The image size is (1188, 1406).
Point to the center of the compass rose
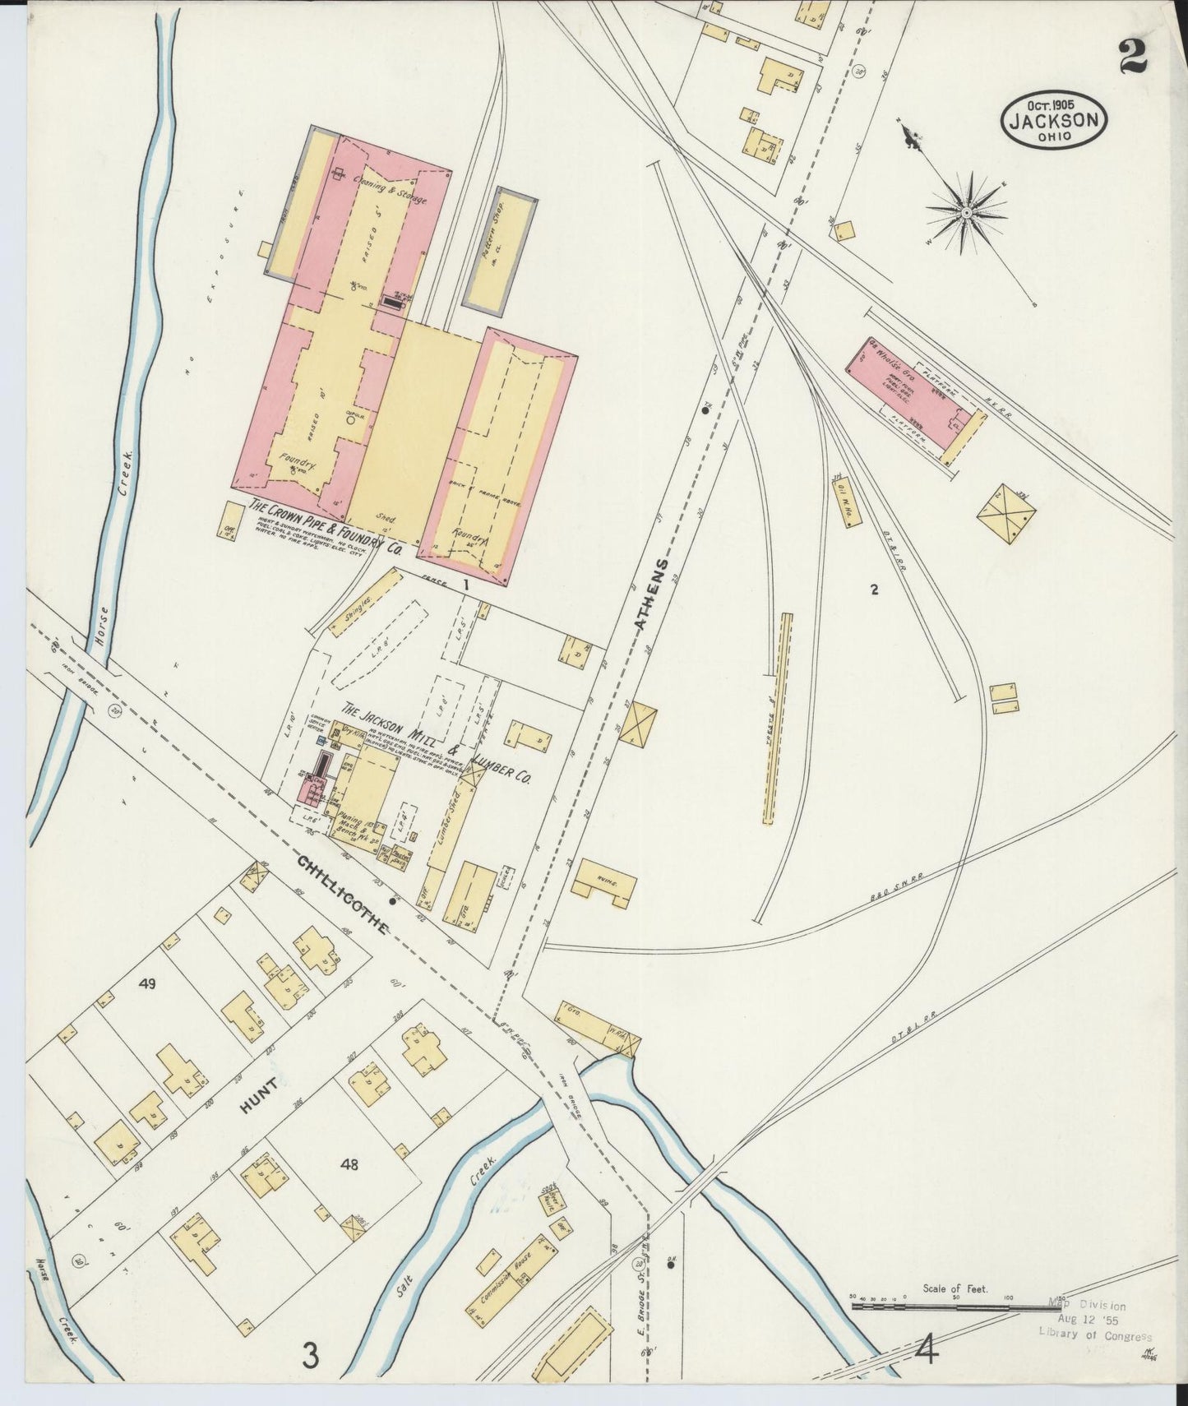[x=967, y=213]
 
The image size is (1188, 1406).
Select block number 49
[x=147, y=983]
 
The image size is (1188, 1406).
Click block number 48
[x=350, y=1163]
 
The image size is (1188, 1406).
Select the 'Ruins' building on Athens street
[x=608, y=881]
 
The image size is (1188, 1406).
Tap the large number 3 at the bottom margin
[x=309, y=1354]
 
